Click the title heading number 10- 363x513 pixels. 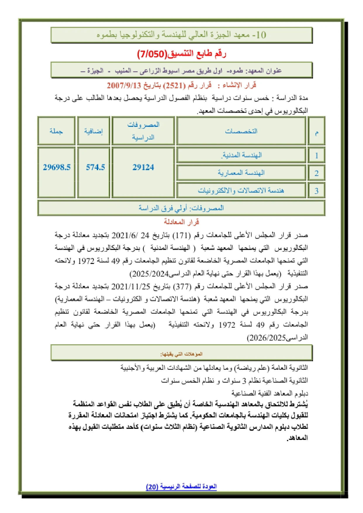(260, 35)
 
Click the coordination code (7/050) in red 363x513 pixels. (152, 54)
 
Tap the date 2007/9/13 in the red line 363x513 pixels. (124, 86)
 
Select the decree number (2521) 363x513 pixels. (174, 86)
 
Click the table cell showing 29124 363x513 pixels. (143, 167)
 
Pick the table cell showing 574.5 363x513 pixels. (95, 167)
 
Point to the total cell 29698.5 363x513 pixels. (57, 167)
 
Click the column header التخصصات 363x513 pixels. (241, 131)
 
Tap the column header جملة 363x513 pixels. (56, 131)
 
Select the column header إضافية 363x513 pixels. (94, 131)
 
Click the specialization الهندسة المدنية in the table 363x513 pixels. (241, 155)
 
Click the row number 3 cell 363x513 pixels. (316, 191)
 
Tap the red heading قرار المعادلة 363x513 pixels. (181, 222)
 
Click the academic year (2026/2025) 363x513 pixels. (266, 338)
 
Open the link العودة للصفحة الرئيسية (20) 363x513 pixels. (181, 486)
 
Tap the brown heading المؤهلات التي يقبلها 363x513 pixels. (181, 354)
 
